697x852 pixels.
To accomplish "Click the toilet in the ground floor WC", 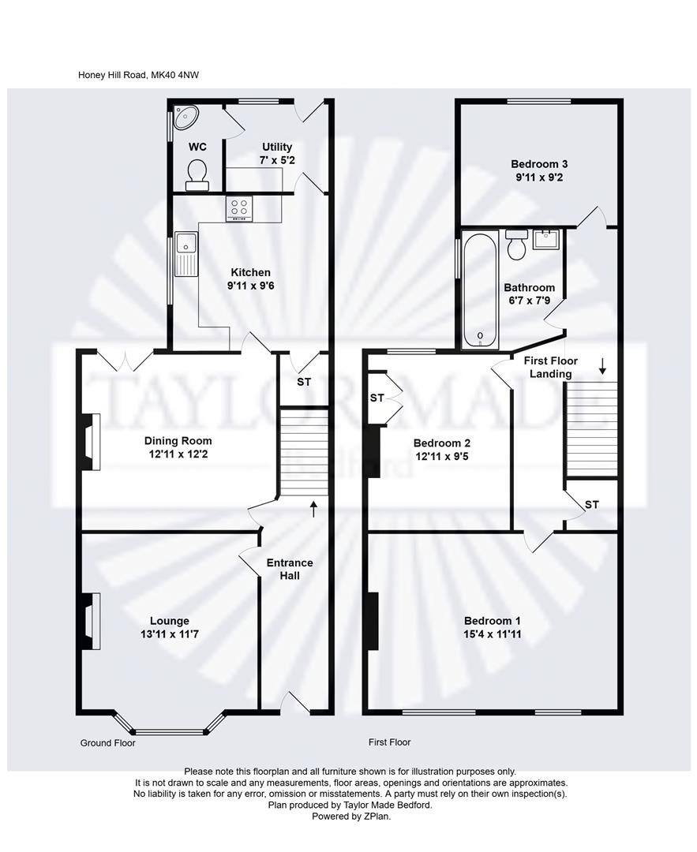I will tap(196, 174).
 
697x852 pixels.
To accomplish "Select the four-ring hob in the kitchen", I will tap(240, 207).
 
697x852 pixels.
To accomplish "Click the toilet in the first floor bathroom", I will tap(517, 245).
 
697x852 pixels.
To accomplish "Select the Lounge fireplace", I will tap(89, 621).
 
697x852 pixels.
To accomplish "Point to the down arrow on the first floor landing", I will tap(602, 365).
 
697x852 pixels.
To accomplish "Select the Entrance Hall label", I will tap(290, 569).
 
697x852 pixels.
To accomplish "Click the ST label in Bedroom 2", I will tap(377, 398).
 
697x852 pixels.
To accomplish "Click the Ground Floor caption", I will tap(108, 743).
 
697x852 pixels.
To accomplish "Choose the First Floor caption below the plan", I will tap(390, 742).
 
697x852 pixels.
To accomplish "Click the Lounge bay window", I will tap(170, 726).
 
